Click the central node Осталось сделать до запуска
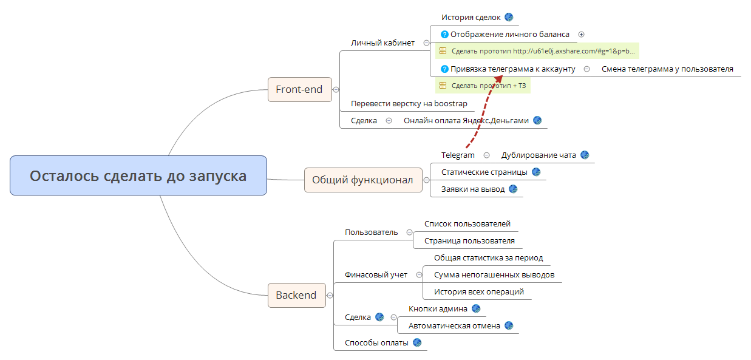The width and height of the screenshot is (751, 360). tap(138, 176)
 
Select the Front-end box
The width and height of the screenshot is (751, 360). tap(299, 89)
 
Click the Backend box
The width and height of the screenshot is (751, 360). tap(296, 295)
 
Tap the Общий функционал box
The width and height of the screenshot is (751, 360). tap(362, 180)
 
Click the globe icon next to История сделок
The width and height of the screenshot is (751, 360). tap(509, 17)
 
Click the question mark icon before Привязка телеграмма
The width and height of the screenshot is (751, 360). tap(444, 69)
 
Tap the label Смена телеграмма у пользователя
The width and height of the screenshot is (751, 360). tap(667, 69)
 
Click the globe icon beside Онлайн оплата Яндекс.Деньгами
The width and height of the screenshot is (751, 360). tap(537, 120)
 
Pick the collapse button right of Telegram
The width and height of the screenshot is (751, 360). tap(486, 155)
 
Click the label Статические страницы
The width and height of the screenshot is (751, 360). tap(484, 172)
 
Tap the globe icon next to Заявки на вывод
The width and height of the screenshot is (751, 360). tap(513, 189)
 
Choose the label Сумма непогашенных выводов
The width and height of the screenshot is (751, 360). tap(494, 274)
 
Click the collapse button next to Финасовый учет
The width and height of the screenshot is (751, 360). tap(419, 274)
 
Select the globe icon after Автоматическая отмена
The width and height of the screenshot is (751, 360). tap(509, 325)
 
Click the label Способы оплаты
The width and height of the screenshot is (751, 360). tap(376, 342)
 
